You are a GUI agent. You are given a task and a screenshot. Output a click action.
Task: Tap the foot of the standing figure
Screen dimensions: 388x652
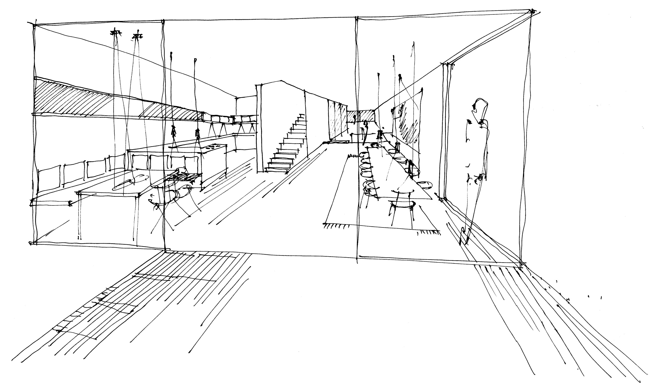click(x=465, y=239)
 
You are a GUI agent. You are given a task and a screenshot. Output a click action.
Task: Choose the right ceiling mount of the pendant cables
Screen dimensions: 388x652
click(x=138, y=36)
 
